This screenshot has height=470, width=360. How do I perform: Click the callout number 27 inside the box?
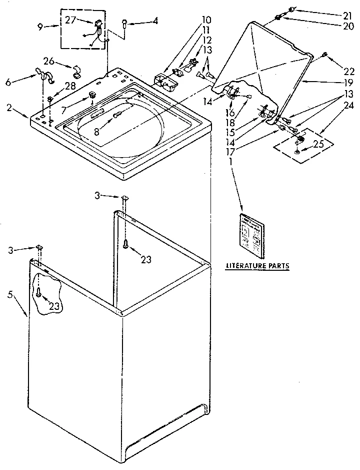click(69, 21)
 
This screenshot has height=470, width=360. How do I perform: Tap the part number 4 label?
click(156, 21)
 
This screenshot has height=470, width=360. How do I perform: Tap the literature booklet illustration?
click(251, 232)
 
